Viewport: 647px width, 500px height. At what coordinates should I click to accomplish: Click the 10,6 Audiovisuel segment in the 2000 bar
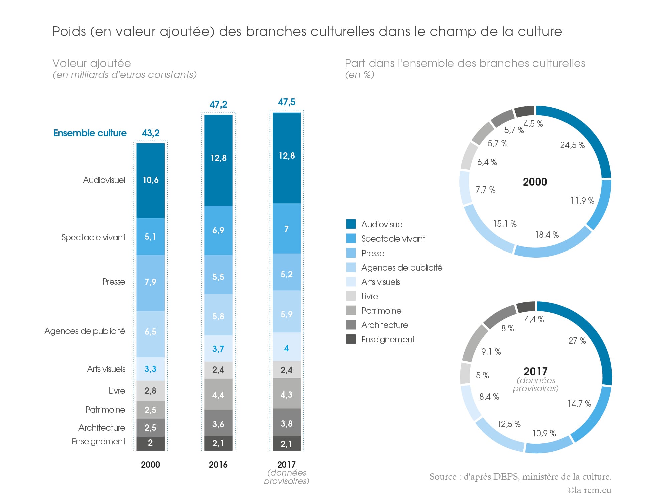coord(151,180)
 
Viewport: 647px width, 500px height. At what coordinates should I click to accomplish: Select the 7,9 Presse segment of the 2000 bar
coord(150,282)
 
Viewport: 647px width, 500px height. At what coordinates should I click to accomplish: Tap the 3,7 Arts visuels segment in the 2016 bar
coord(218,349)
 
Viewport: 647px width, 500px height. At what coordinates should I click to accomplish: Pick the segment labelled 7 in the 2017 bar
coord(286,229)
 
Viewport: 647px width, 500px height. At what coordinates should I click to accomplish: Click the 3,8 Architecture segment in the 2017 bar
coord(286,424)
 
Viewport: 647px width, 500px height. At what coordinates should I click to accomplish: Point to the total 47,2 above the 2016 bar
coord(218,104)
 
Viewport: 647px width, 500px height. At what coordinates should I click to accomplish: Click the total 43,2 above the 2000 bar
coord(151,133)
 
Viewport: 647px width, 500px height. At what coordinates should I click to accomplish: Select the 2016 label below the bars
coord(218,465)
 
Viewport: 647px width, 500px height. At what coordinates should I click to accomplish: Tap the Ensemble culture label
coord(90,133)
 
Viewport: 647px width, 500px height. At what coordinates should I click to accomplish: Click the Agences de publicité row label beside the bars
coord(85,331)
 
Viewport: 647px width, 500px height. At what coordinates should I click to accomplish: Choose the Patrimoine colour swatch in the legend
coord(351,311)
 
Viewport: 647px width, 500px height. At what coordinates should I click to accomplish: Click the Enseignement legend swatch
coord(351,339)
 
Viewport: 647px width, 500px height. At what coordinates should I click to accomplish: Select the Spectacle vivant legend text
coord(393,239)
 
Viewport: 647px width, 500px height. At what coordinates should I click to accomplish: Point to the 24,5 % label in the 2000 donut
coord(573,145)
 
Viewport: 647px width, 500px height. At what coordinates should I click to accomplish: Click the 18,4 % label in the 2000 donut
coord(547,235)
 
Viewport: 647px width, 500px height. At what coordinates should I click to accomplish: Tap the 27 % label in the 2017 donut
coord(577,341)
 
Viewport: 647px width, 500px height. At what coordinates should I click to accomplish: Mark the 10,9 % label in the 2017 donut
coord(544,433)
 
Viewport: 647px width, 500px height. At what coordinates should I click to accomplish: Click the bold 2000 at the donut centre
coord(535,182)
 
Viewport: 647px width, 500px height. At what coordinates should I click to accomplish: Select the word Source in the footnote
coord(443,477)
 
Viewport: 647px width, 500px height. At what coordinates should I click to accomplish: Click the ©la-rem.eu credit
coord(589,490)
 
